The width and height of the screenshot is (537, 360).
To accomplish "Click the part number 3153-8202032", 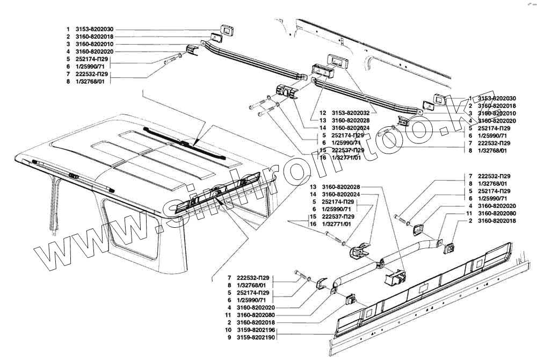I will click(x=351, y=113).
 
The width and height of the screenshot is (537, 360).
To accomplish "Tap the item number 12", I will click(x=323, y=113).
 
